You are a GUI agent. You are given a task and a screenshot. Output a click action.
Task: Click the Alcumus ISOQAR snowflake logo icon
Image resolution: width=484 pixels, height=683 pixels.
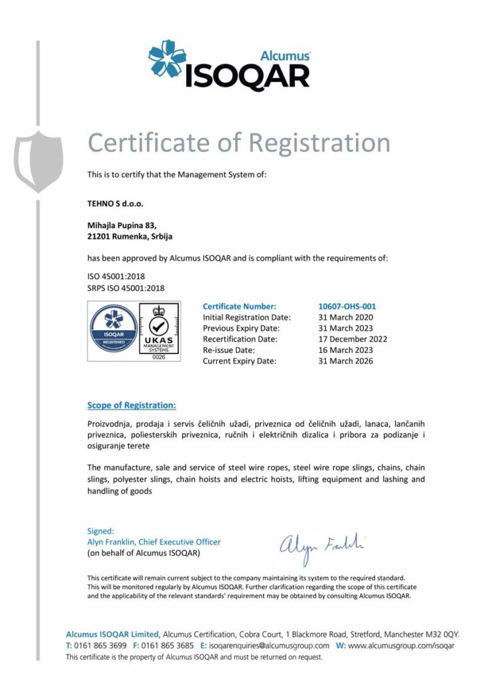pos(167,59)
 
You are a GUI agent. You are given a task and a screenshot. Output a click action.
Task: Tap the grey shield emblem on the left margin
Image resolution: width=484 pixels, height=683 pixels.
pos(39,161)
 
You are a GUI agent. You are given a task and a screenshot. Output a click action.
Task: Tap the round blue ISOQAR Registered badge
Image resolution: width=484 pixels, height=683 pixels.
pos(113,329)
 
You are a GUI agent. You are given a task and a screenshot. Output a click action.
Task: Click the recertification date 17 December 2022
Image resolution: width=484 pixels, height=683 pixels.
pos(352,339)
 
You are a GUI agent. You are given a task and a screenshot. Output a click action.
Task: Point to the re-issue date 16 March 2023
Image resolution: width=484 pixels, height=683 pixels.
pos(346,350)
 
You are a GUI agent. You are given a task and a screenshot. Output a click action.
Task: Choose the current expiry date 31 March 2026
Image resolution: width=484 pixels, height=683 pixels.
pos(346,361)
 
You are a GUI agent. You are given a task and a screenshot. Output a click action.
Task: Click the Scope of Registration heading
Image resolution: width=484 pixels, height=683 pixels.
pos(132,405)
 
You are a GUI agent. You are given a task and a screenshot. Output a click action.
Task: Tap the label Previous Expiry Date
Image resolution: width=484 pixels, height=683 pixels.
pos(241,328)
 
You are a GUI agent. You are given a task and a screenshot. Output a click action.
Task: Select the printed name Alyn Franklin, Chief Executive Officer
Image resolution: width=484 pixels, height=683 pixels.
pos(154,542)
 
